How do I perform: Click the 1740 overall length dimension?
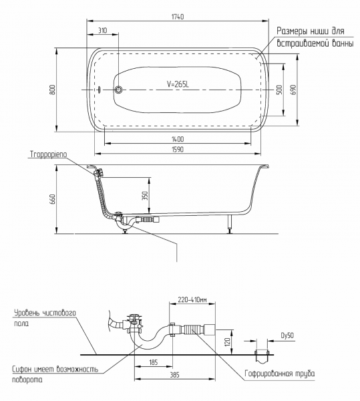(x=178, y=17)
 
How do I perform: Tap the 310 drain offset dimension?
(x=102, y=31)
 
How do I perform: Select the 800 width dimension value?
(x=53, y=90)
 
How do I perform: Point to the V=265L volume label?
(x=178, y=84)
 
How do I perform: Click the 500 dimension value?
(x=279, y=90)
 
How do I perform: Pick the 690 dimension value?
(x=293, y=90)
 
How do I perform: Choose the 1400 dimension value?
(x=178, y=140)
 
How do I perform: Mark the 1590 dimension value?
(x=178, y=149)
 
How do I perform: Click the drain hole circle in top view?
(x=118, y=90)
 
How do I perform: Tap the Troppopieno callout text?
(x=49, y=154)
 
